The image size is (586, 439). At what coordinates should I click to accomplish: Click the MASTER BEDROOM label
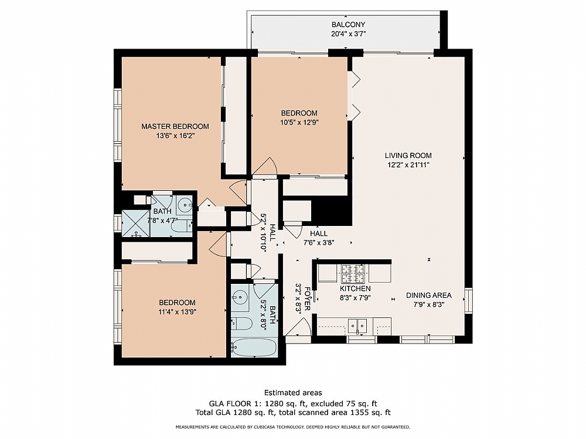[x=175, y=126]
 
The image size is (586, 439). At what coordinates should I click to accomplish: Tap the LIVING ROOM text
[x=408, y=156]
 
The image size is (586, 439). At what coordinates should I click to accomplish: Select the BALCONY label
[x=348, y=25]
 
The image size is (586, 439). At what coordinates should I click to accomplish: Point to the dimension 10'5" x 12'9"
[x=299, y=122]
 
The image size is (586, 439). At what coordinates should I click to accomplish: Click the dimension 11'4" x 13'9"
[x=176, y=312]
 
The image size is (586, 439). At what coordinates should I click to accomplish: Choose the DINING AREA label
[x=428, y=295]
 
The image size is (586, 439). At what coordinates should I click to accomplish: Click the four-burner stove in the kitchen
[x=353, y=273]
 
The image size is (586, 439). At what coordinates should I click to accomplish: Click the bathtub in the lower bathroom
[x=253, y=348]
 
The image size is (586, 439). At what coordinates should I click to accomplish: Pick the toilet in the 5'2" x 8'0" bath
[x=241, y=323]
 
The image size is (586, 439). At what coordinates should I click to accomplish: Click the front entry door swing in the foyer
[x=297, y=328]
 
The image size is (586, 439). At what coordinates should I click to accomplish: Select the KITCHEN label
[x=355, y=289]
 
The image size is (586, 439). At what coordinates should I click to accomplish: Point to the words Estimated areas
[x=292, y=393]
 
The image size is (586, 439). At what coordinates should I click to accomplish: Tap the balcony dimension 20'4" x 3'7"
[x=348, y=34]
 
